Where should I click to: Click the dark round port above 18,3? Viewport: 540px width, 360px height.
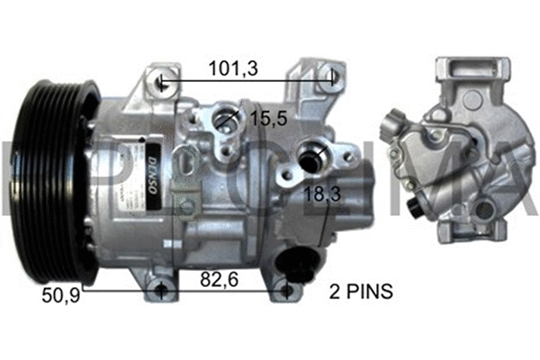309,157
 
